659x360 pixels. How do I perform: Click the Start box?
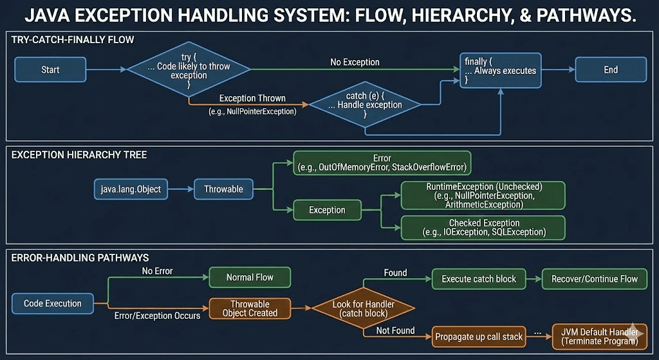(x=50, y=70)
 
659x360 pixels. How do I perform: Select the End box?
(x=610, y=70)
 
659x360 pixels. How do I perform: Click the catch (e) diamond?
(x=365, y=105)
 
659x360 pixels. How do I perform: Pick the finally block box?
(x=500, y=71)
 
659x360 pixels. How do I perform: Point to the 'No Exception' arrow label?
(x=355, y=62)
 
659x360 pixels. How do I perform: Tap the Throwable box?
(x=223, y=189)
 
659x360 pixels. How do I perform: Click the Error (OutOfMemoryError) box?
(x=382, y=163)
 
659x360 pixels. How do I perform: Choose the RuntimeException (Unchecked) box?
(x=484, y=195)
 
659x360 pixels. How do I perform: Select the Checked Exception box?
(x=484, y=227)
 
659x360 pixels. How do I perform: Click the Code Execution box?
(x=53, y=303)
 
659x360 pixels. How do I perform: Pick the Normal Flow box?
(x=250, y=278)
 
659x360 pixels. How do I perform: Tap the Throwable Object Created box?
(x=250, y=308)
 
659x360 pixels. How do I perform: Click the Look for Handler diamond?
(x=363, y=308)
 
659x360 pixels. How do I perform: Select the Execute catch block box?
(x=479, y=279)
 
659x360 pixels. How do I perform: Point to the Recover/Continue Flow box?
(x=595, y=279)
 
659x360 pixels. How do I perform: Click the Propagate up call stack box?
(x=479, y=336)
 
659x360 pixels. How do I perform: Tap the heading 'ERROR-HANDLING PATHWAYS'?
(x=80, y=258)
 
